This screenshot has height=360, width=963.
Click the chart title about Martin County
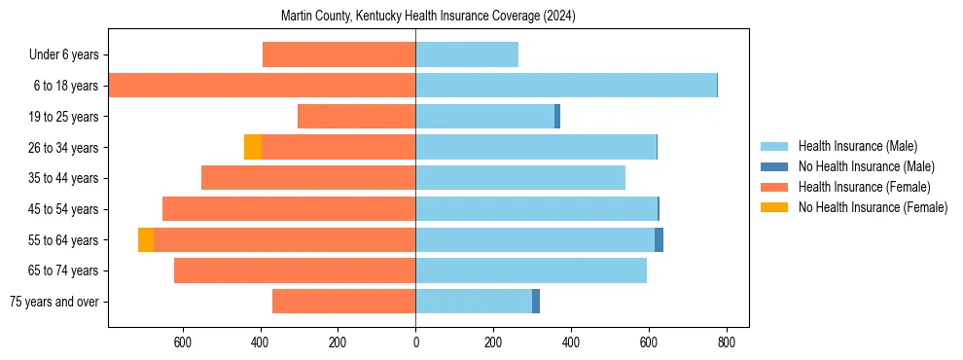click(x=428, y=17)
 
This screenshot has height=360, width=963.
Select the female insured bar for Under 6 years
click(x=339, y=54)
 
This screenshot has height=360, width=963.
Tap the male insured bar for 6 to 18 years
click(x=566, y=86)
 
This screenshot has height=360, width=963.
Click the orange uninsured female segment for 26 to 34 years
click(x=253, y=147)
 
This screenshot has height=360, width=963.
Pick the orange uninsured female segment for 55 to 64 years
click(x=146, y=239)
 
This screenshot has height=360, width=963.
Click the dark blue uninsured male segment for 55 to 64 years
click(x=659, y=239)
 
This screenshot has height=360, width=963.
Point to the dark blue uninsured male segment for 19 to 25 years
click(x=557, y=117)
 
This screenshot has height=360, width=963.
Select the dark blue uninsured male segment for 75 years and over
click(x=536, y=302)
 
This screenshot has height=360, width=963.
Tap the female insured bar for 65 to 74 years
click(x=295, y=270)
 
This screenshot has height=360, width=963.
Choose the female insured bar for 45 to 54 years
click(x=289, y=209)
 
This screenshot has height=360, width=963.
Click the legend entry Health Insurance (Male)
click(x=857, y=146)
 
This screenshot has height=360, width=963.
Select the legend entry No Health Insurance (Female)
click(x=873, y=207)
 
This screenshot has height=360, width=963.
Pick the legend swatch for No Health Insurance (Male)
click(x=774, y=166)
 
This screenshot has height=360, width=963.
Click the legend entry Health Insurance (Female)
click(x=864, y=187)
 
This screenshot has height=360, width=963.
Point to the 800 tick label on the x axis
click(x=726, y=342)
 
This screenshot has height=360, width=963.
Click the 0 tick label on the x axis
click(x=415, y=342)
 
